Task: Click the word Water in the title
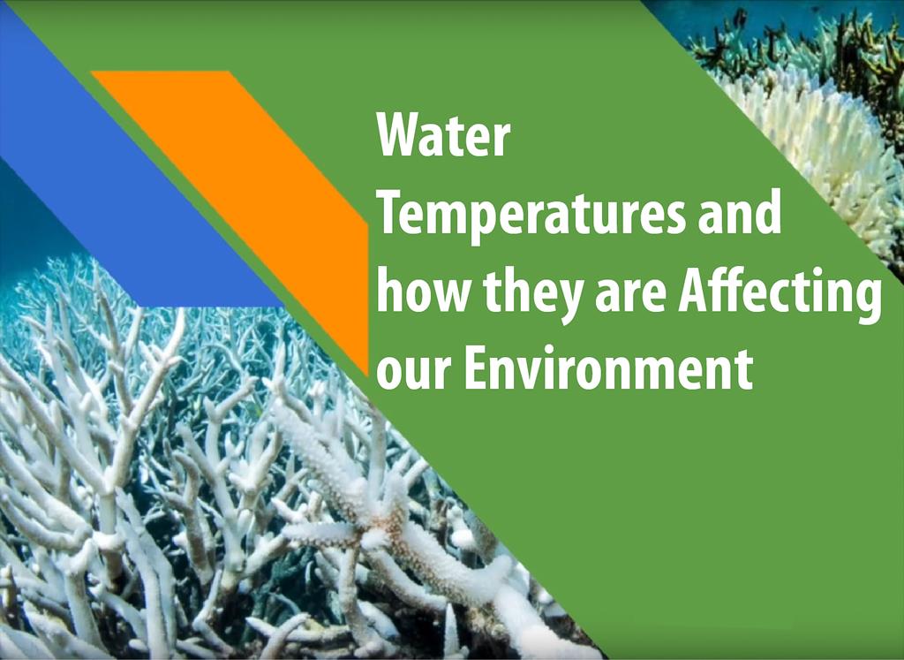[443, 135]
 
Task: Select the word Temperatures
[531, 214]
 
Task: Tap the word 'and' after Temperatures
[740, 210]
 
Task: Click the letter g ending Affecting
[869, 300]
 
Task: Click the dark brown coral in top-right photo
[859, 52]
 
